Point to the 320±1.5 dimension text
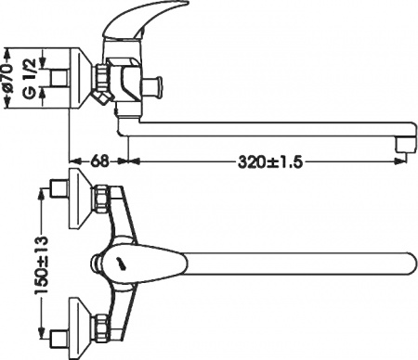tap(269, 160)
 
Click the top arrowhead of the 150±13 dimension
tap(42, 191)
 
